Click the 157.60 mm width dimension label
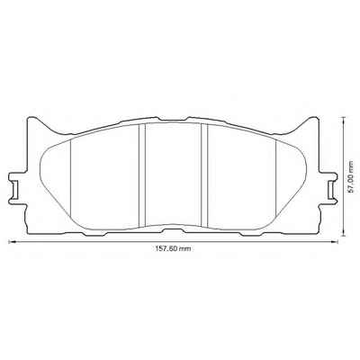point(173,248)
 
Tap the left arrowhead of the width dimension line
point(12,241)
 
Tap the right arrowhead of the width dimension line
point(335,241)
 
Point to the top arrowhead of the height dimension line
point(343,120)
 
